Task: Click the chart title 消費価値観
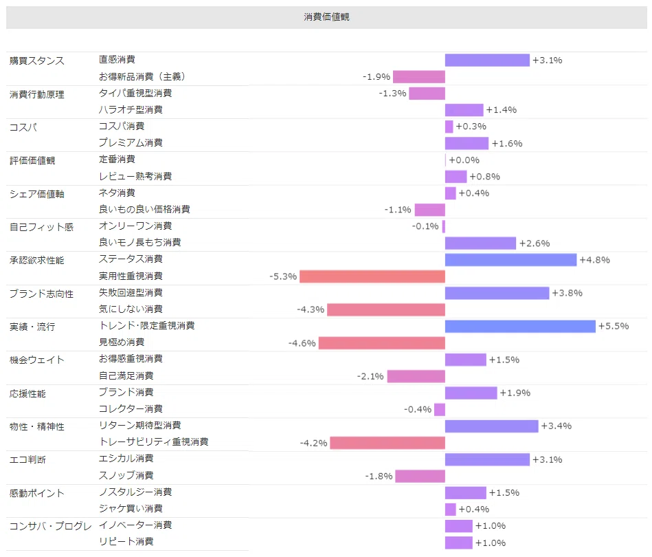click(326, 17)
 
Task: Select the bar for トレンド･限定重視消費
click(520, 327)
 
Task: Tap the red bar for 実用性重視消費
click(372, 276)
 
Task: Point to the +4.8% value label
click(594, 260)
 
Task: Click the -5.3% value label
click(283, 276)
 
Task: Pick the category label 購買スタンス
click(37, 61)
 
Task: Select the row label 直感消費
click(117, 60)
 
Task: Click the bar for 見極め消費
click(382, 343)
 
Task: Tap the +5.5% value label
click(614, 327)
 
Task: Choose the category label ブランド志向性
click(42, 294)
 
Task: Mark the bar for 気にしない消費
click(386, 309)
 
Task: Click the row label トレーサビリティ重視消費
click(153, 441)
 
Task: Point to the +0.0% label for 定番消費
click(464, 160)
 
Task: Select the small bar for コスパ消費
click(449, 127)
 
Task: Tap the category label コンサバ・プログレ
click(50, 526)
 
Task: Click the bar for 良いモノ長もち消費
click(480, 243)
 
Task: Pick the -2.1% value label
click(370, 376)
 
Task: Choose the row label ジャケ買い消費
click(131, 508)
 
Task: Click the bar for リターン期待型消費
click(491, 426)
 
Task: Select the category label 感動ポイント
click(37, 493)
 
